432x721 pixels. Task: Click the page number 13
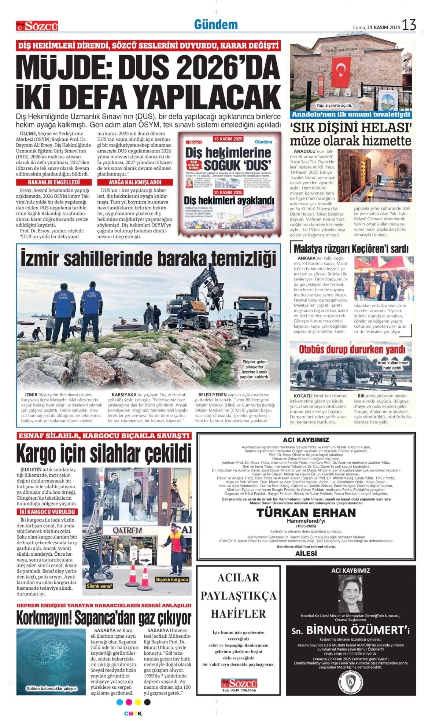[409, 25]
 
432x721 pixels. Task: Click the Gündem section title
[216, 25]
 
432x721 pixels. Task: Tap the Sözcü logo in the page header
[37, 26]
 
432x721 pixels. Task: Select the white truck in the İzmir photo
[252, 315]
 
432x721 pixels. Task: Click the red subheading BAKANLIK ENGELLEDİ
[54, 182]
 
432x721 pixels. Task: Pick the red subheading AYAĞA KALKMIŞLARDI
[135, 182]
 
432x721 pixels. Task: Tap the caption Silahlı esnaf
[99, 586]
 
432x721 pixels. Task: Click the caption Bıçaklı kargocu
[172, 580]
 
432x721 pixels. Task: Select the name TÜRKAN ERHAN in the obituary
[306, 513]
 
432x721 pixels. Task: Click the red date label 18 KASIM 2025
[228, 139]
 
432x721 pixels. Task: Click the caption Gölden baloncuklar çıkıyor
[51, 688]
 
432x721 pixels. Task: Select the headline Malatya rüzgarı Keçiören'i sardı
[351, 249]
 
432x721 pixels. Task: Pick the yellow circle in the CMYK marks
[138, 702]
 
